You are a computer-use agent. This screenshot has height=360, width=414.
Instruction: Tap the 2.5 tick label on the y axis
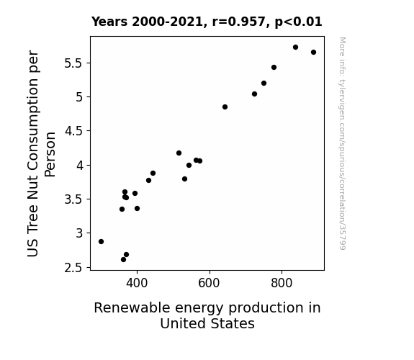point(73,268)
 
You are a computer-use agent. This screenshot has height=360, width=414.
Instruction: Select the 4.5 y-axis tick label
point(73,131)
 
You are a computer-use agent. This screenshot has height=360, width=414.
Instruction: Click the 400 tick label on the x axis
point(137,283)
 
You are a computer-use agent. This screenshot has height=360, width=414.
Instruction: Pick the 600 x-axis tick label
point(209,283)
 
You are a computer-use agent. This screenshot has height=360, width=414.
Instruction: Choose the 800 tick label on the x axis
point(282,283)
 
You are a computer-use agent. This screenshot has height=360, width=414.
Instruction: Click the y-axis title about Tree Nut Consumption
point(41,153)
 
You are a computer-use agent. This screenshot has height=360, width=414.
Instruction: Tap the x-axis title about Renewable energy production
point(207,315)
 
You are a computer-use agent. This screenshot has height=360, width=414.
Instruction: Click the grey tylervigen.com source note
point(342,143)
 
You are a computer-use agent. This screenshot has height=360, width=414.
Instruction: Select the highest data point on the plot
point(295,48)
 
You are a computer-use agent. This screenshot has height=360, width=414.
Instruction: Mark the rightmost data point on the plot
point(313,53)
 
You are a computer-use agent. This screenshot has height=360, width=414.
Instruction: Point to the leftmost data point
point(101,242)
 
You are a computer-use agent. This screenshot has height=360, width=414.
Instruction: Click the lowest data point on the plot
point(123,260)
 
